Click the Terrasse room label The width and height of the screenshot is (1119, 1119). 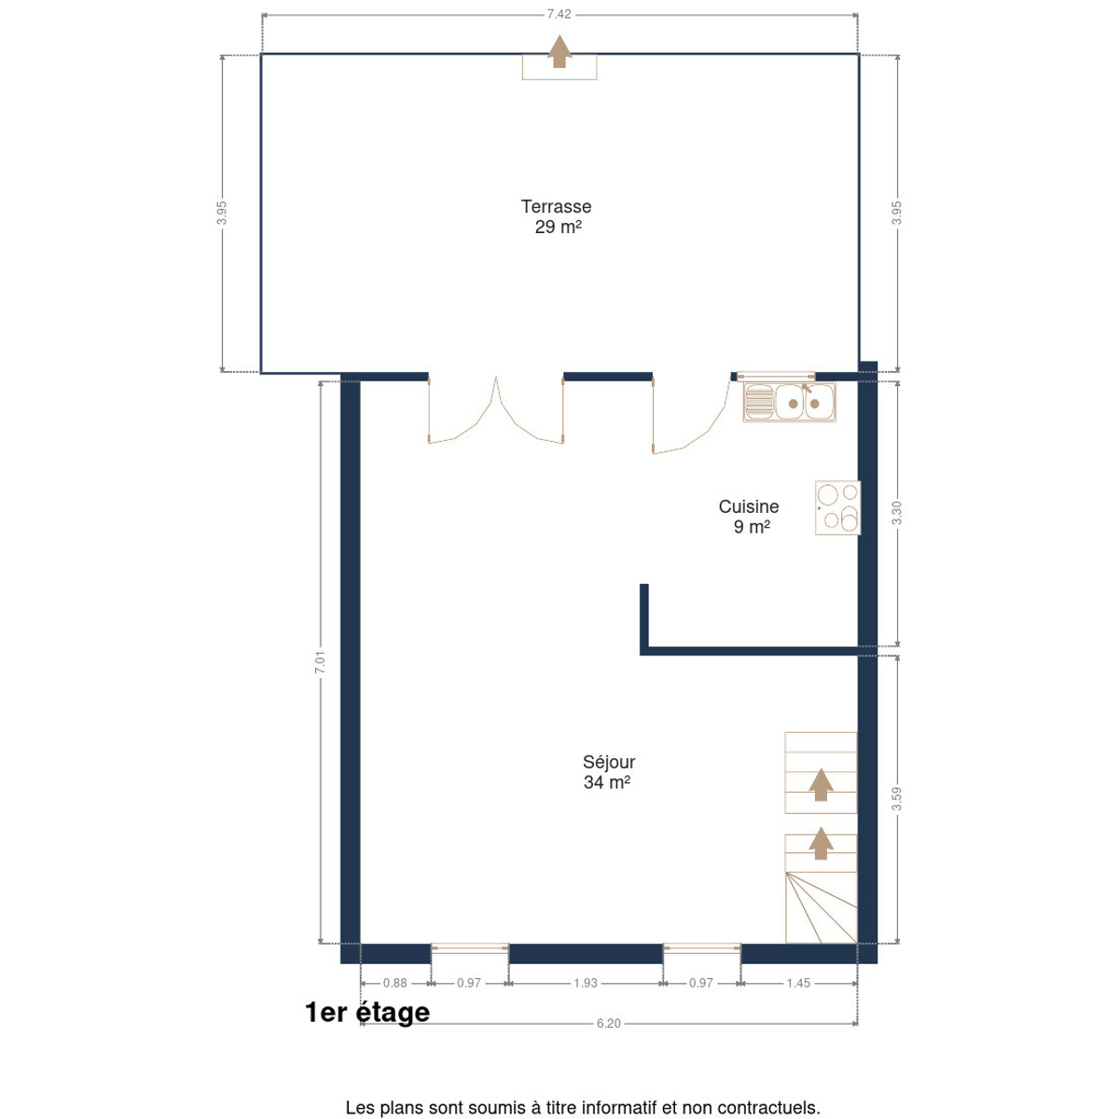[556, 206]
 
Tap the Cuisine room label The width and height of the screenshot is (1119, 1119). [749, 506]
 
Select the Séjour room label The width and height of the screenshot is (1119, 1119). [609, 762]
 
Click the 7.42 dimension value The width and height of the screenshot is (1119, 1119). [559, 15]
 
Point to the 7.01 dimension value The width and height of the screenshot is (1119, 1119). [320, 663]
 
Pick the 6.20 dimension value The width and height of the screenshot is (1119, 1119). [609, 1023]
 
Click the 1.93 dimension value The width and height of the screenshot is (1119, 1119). [586, 983]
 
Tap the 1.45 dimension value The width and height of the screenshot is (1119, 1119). [798, 983]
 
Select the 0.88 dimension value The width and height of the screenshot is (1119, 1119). [394, 983]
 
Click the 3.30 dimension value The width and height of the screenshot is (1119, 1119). [896, 513]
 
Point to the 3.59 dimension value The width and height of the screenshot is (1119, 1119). [896, 799]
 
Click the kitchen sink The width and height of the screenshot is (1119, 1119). [789, 402]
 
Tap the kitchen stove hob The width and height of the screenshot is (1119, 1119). [837, 507]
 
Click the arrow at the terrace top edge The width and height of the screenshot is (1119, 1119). [559, 51]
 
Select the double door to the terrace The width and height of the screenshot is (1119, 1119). [495, 410]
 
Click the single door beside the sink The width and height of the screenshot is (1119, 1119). [691, 413]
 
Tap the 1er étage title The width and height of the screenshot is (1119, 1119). [367, 1012]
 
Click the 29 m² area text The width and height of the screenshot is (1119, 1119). [558, 227]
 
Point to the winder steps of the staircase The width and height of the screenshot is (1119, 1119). [822, 907]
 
